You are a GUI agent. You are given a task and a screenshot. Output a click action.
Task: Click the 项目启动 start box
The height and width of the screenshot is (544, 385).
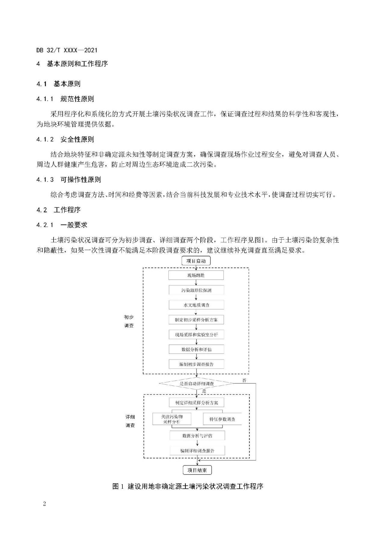tap(196, 261)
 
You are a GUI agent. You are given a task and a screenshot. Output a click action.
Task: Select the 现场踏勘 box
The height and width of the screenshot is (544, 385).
tap(196, 275)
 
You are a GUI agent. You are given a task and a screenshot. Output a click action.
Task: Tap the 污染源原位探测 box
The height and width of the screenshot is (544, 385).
tap(196, 290)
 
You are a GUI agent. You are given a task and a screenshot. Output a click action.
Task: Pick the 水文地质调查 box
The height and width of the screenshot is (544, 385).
tap(196, 305)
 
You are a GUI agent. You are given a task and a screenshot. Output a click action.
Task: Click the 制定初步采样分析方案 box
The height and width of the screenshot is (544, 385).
tap(196, 320)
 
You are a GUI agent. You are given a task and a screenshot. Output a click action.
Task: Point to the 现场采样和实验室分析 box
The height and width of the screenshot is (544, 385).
tap(196, 335)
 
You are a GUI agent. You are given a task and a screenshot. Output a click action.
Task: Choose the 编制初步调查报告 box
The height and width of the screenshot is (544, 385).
tap(196, 364)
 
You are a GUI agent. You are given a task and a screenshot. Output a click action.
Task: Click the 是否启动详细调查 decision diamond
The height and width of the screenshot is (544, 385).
tap(196, 384)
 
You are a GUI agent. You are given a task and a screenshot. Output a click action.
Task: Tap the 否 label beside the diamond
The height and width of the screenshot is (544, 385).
tap(244, 380)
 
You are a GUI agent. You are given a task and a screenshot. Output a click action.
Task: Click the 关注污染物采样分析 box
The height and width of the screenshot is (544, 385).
tap(172, 419)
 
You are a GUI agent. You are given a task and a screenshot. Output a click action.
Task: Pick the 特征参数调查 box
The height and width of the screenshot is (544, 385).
tap(222, 419)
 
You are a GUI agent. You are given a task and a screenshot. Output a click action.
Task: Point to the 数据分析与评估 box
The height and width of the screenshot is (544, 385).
tap(197, 436)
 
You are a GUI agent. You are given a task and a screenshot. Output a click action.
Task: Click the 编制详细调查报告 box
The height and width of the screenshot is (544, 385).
tap(197, 451)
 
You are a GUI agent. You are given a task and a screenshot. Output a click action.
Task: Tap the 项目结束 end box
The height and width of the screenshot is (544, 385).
tap(197, 470)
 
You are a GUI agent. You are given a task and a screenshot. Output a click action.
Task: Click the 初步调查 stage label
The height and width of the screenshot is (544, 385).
tap(129, 321)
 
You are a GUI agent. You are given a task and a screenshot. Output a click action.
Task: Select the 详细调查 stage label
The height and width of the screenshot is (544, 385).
tap(130, 421)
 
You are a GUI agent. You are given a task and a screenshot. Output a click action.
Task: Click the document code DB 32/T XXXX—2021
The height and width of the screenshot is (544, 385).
tap(67, 50)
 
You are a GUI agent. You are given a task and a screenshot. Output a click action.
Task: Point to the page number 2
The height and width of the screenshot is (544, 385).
tap(45, 504)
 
